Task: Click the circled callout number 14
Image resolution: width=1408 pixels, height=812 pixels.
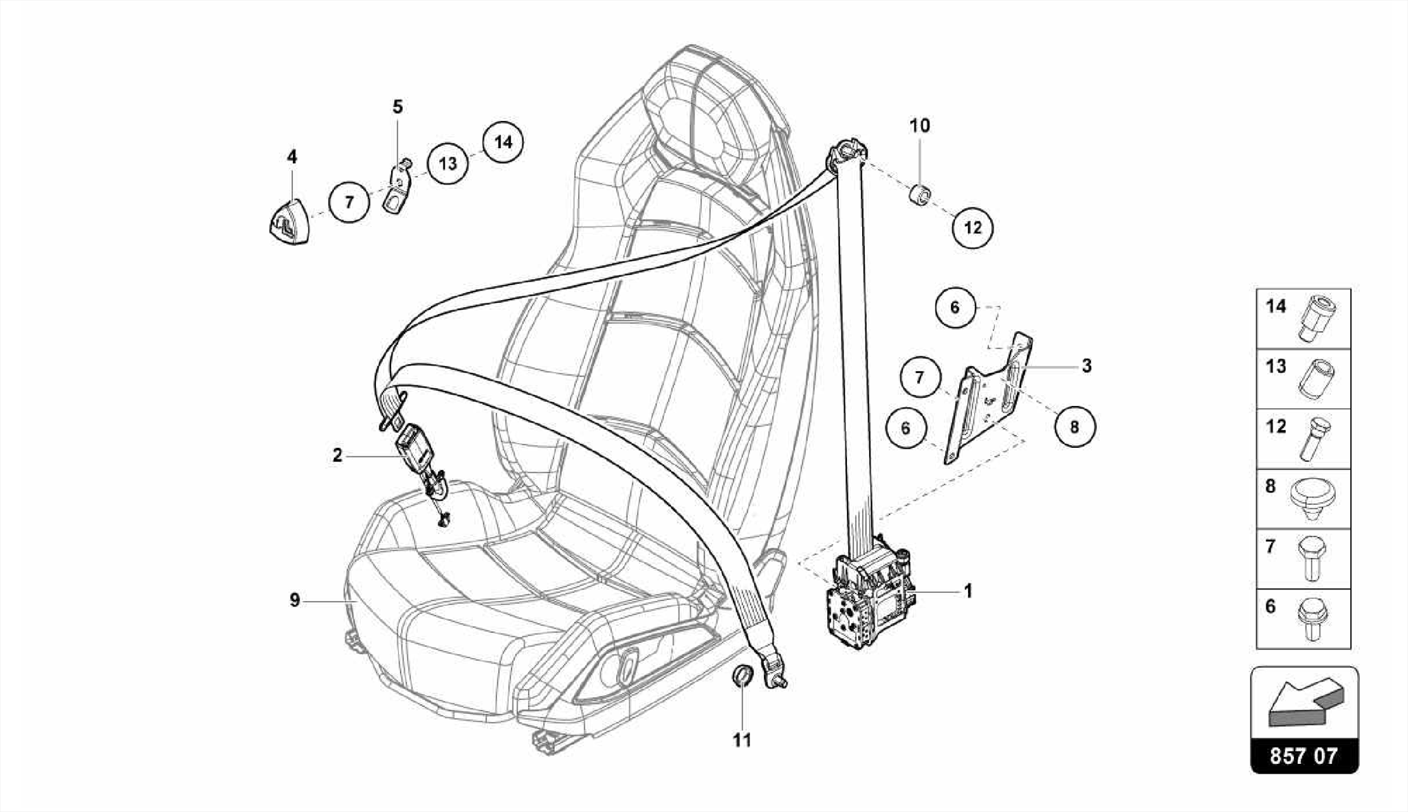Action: point(503,142)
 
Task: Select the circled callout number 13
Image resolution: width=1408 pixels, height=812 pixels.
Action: point(448,163)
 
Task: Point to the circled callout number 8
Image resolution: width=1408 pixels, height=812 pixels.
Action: point(1075,427)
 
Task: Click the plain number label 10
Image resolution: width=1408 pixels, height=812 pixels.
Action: point(919,126)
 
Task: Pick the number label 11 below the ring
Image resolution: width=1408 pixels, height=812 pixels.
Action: point(742,740)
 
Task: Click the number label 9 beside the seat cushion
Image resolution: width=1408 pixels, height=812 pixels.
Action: point(294,601)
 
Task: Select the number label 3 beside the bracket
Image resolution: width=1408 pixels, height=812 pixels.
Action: point(1086,366)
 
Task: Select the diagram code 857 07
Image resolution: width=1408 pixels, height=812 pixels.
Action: point(1303,756)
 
